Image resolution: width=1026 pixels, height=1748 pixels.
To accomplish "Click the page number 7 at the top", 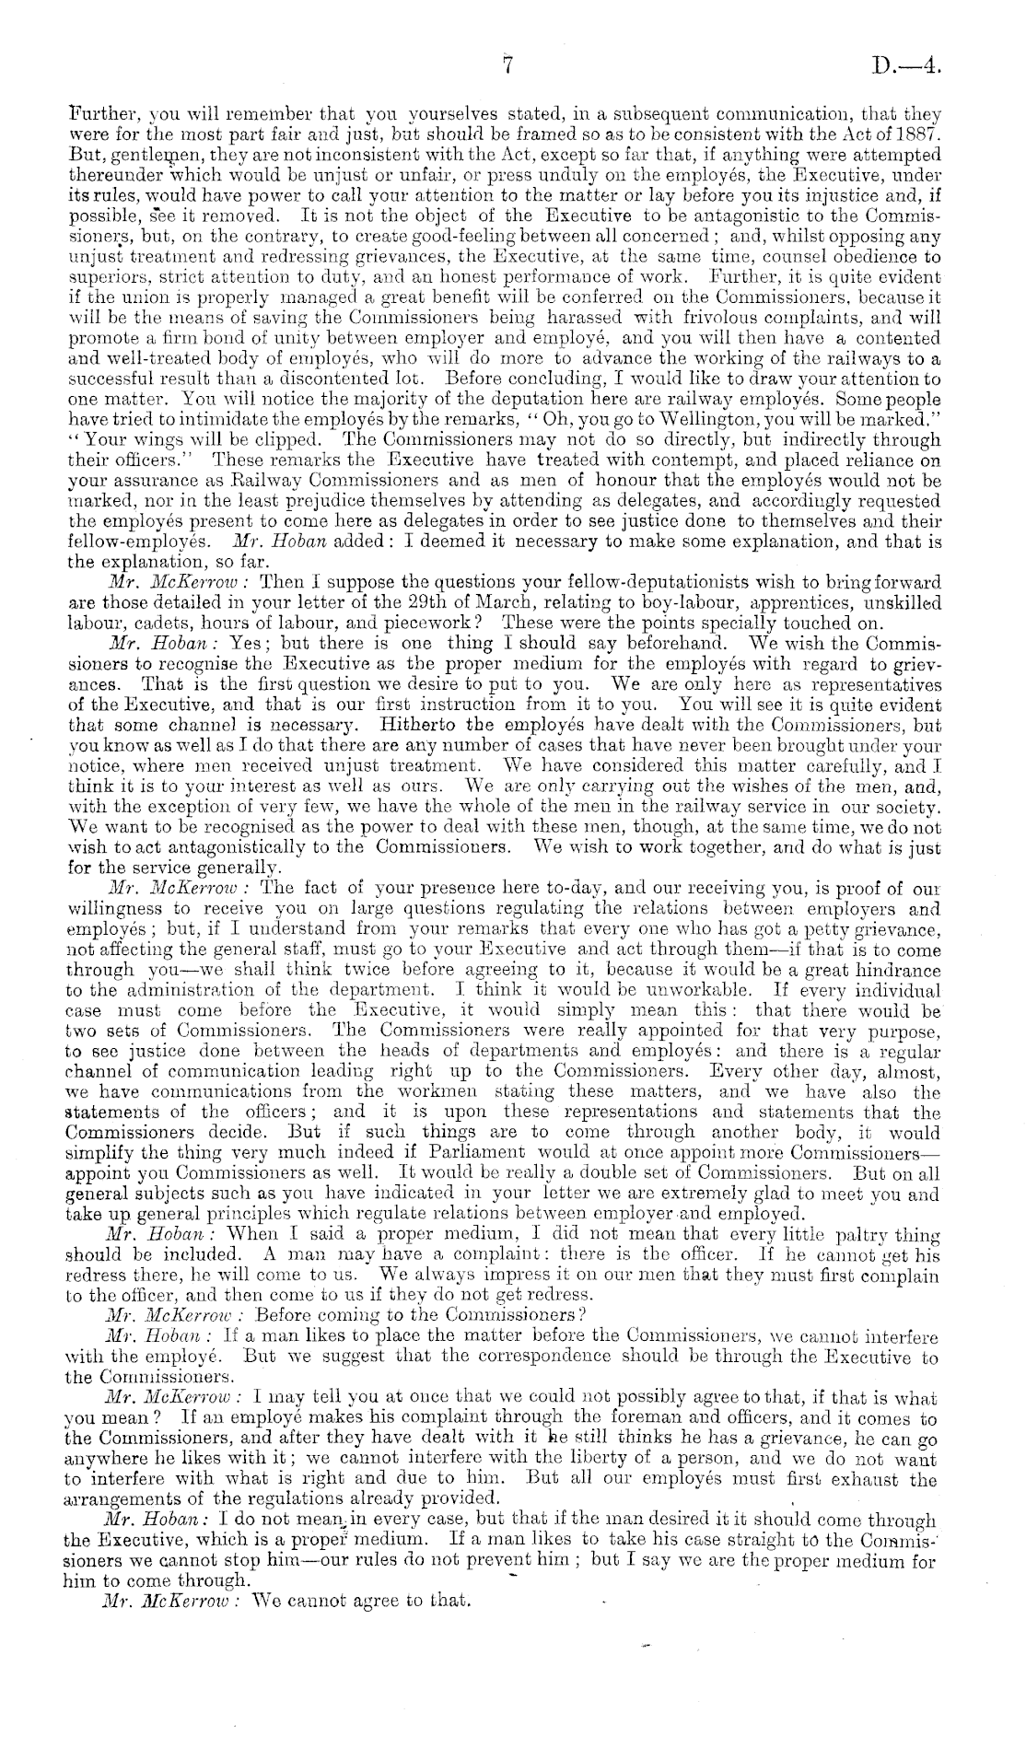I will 507,65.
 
